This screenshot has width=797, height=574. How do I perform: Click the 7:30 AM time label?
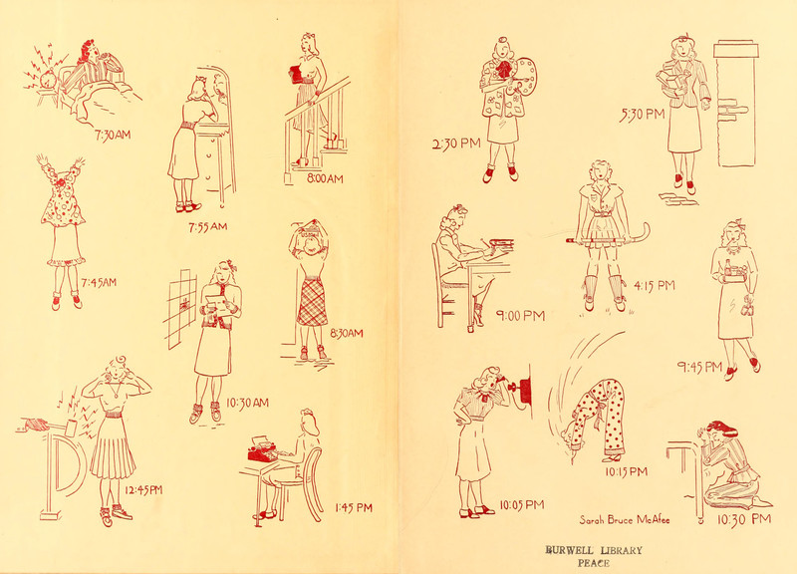(113, 136)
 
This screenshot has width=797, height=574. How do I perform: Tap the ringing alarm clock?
(48, 80)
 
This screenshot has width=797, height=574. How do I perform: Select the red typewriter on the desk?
(263, 450)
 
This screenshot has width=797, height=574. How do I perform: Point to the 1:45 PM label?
(354, 507)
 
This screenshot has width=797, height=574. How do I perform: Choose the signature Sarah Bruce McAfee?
(625, 519)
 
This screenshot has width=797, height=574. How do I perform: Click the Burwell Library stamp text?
(594, 556)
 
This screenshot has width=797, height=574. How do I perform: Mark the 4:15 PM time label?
(655, 286)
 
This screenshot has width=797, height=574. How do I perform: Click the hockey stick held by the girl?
(610, 237)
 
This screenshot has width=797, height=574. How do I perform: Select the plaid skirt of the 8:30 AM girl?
(312, 302)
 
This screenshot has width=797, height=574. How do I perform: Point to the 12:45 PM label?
(143, 490)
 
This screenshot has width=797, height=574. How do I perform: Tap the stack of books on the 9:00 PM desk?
(501, 245)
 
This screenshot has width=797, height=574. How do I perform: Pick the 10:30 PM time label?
(744, 519)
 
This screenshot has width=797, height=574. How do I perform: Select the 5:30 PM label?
(642, 116)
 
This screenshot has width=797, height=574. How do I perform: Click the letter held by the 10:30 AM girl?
(214, 305)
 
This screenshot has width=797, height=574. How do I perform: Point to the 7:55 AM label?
(207, 227)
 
